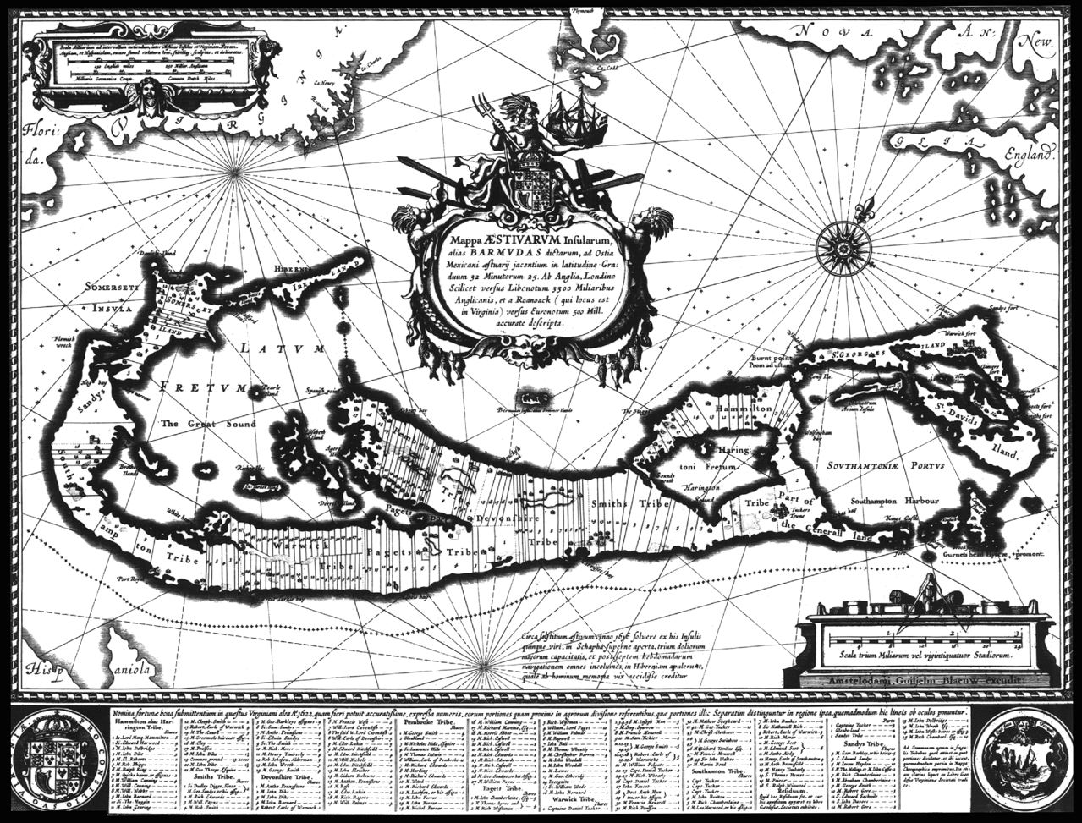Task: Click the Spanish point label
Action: coord(318,389)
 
